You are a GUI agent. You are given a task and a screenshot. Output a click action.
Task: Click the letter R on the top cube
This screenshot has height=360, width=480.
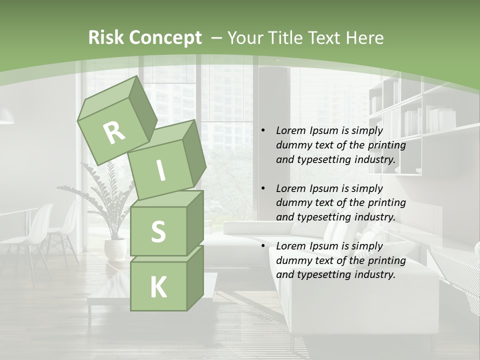coord(114,133)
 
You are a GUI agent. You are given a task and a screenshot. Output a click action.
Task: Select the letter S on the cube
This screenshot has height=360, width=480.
coord(158,231)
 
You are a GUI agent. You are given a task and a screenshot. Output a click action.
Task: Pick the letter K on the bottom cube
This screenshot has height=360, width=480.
coord(158,287)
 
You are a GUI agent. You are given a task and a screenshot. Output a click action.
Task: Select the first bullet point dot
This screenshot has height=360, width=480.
coord(263,131)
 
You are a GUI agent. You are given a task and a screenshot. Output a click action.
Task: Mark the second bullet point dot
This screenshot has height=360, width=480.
coord(263,189)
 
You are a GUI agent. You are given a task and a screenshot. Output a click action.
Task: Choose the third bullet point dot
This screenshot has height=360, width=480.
coord(263,246)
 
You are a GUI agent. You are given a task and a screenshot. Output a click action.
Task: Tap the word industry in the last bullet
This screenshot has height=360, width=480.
coord(376,274)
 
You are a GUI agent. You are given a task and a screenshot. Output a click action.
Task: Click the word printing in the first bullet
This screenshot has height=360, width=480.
coord(387,145)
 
